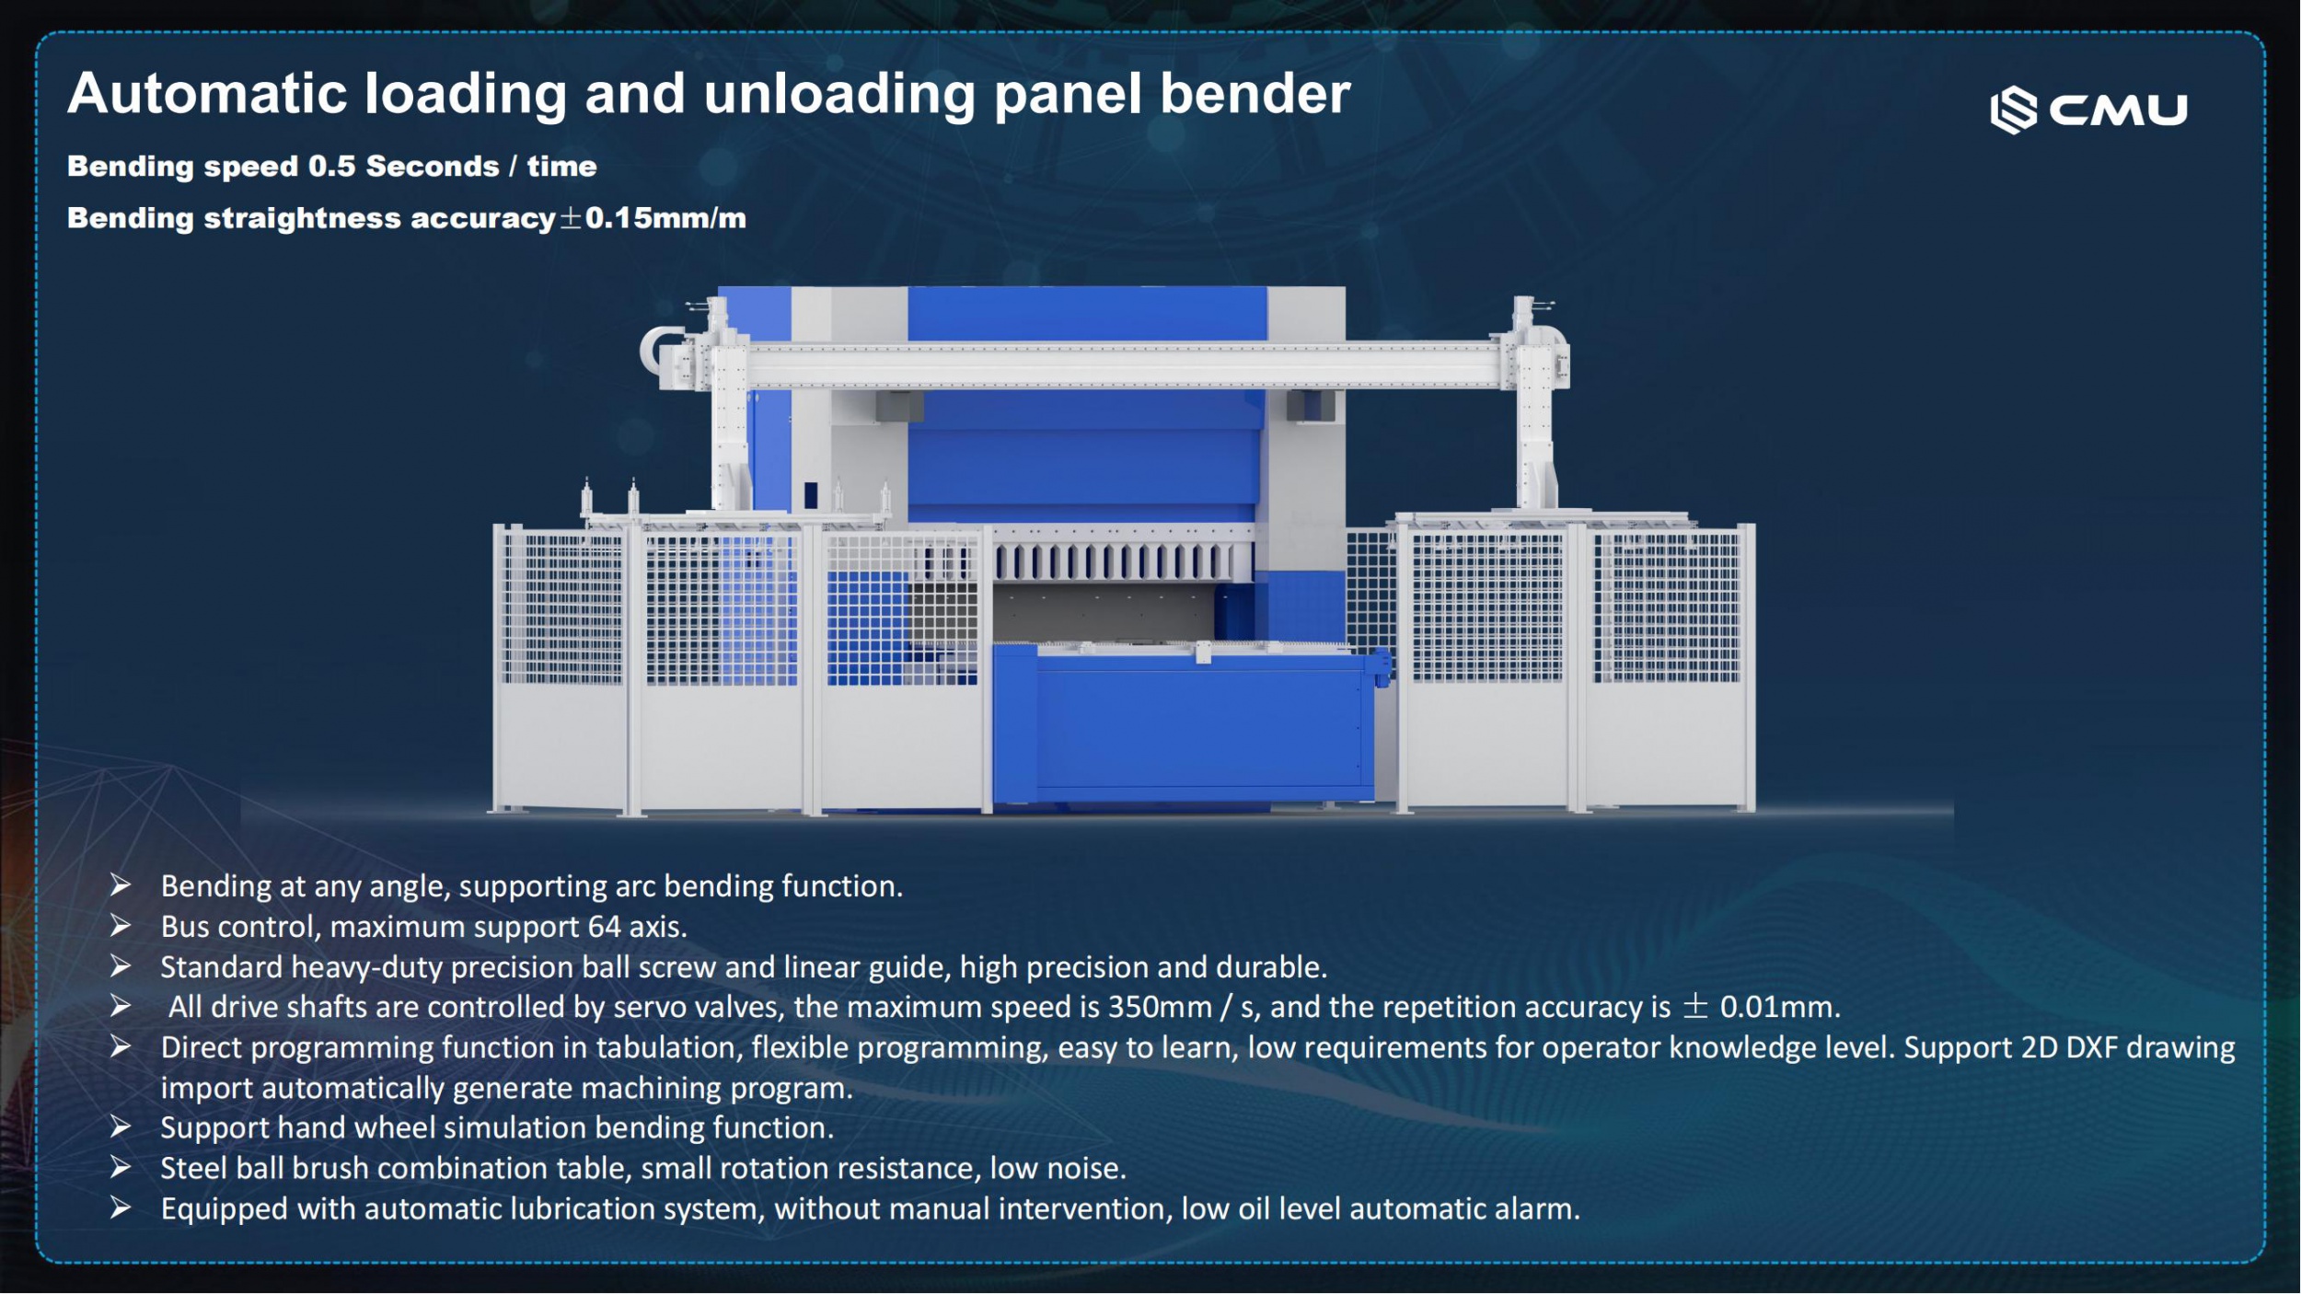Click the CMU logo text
coord(2118,110)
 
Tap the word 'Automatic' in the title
coord(206,95)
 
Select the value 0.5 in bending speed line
coord(331,167)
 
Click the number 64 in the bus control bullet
coord(604,927)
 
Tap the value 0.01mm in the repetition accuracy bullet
coord(1778,1007)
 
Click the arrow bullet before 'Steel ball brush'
coord(121,1168)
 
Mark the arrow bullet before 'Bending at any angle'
coord(121,885)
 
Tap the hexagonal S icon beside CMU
coord(2013,110)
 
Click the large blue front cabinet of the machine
coord(1197,722)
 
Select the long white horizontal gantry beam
coord(1123,364)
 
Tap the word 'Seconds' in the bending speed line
coord(433,167)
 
